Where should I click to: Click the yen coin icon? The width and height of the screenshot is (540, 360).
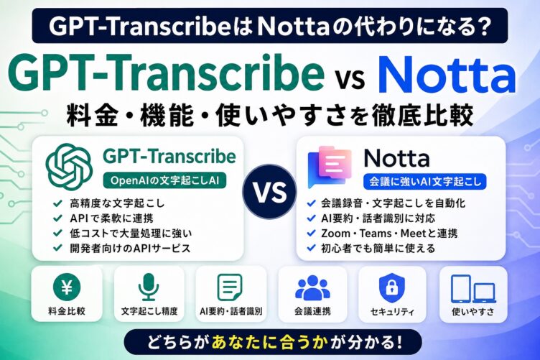point(67,287)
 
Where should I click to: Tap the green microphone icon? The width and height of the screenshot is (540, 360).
point(149,287)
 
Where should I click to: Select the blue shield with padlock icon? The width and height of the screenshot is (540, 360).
point(392,288)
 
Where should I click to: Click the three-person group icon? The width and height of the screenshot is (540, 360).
point(312,287)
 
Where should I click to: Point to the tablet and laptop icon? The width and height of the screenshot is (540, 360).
point(473,289)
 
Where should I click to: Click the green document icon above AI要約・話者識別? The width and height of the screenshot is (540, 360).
point(230,287)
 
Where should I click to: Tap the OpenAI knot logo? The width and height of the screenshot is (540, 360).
point(69,167)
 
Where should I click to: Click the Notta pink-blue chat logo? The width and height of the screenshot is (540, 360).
point(330,167)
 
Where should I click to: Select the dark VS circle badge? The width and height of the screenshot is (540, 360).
point(270,192)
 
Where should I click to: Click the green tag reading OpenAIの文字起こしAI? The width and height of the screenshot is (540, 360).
point(164,180)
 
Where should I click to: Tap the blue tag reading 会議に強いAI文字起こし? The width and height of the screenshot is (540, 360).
point(425,182)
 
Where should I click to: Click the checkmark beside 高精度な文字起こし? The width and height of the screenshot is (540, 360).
point(57,203)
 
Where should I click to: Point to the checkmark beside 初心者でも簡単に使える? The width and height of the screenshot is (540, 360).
point(311,248)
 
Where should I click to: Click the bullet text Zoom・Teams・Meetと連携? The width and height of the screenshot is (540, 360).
point(389,234)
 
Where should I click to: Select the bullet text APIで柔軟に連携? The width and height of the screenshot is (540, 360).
point(111,218)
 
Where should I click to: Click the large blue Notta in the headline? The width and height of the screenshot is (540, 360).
point(447,76)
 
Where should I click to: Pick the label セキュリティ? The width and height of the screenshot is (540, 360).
point(392,312)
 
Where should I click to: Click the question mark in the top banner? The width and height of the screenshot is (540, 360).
point(481,26)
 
